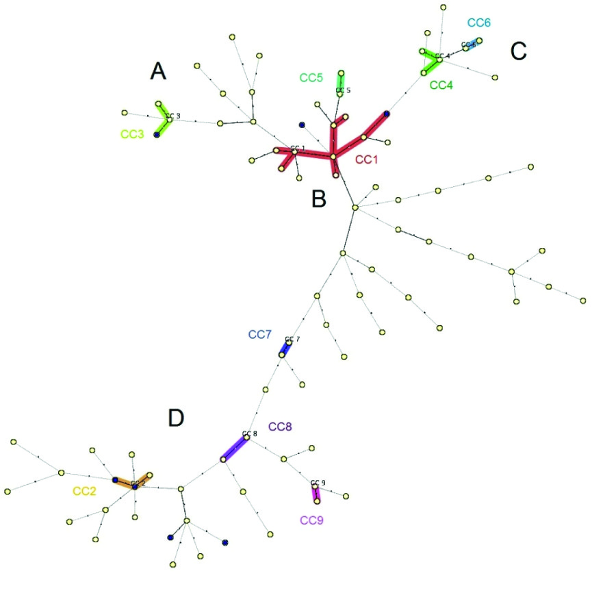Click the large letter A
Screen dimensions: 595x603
click(x=159, y=71)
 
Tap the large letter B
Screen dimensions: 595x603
click(x=319, y=199)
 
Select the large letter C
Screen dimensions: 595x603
click(x=518, y=50)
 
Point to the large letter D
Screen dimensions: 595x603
click(x=177, y=417)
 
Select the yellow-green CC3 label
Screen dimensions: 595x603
click(x=132, y=134)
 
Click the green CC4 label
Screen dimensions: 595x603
click(x=441, y=86)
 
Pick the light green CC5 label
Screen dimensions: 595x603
click(x=311, y=77)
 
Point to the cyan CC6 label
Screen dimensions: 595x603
click(x=479, y=23)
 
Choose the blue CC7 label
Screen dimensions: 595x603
click(x=260, y=335)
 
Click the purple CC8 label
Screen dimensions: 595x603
click(x=280, y=427)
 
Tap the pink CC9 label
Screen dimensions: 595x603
click(x=311, y=520)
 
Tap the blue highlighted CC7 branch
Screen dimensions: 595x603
click(x=285, y=349)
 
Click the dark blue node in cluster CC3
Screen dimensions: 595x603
click(x=157, y=135)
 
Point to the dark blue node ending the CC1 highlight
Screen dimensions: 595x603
click(x=387, y=114)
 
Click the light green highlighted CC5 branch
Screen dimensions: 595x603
click(x=341, y=79)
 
